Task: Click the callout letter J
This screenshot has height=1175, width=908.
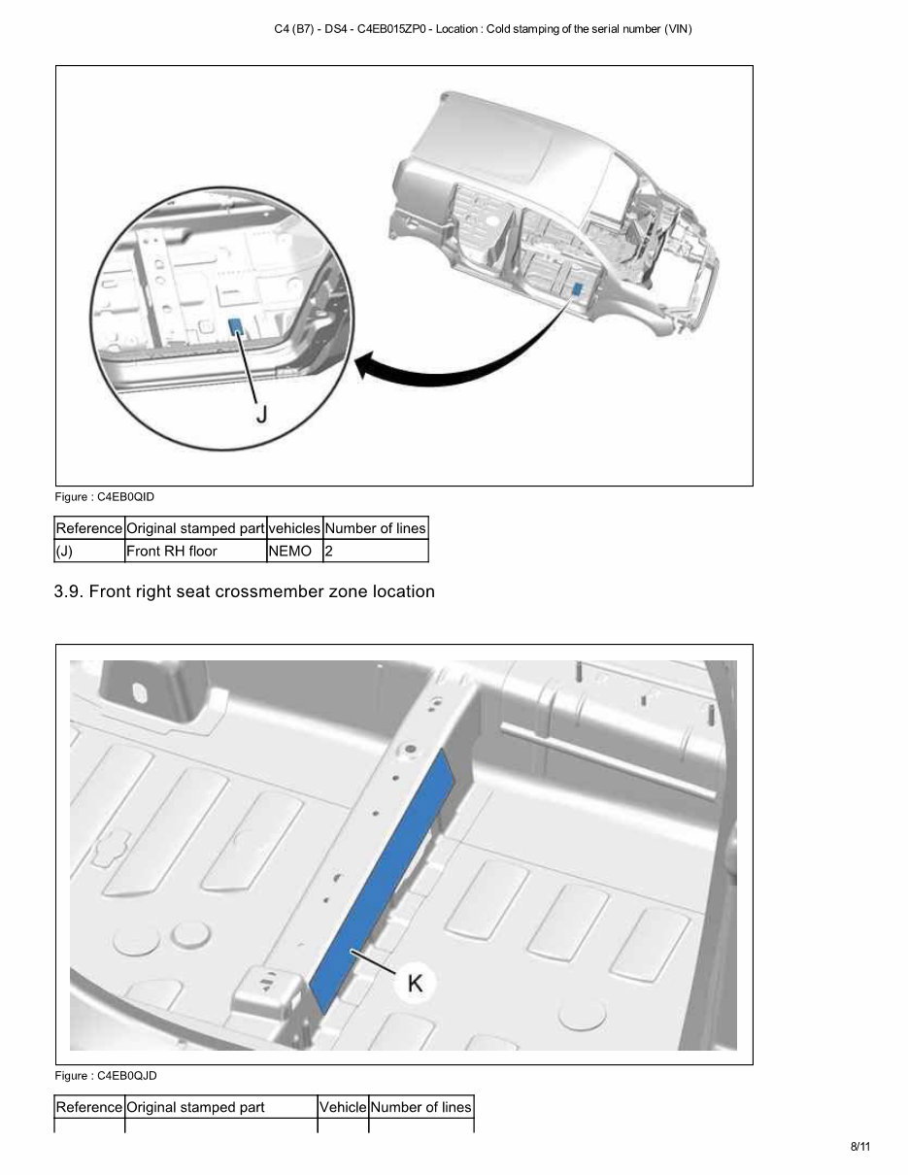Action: pos(260,414)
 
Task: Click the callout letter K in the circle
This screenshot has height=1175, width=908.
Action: pos(415,983)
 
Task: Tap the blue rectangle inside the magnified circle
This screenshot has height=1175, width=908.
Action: pos(235,326)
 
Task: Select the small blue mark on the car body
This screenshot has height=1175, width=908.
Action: pos(578,287)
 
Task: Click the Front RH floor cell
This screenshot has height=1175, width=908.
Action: pos(172,551)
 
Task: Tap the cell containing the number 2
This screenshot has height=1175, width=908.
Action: pos(329,551)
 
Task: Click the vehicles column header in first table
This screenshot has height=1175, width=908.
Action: pos(293,528)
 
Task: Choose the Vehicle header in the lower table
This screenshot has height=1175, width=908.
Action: pos(343,1107)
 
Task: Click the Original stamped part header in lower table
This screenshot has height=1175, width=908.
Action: pos(195,1107)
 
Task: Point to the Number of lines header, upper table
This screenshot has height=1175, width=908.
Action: pos(375,528)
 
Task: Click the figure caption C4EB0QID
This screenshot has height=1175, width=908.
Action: pos(105,497)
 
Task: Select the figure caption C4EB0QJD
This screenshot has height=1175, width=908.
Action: pos(106,1076)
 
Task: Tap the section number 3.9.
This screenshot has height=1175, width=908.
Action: pos(69,591)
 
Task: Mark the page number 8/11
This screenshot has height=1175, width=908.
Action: pos(860,1147)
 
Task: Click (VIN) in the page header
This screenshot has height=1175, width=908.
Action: pos(678,29)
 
